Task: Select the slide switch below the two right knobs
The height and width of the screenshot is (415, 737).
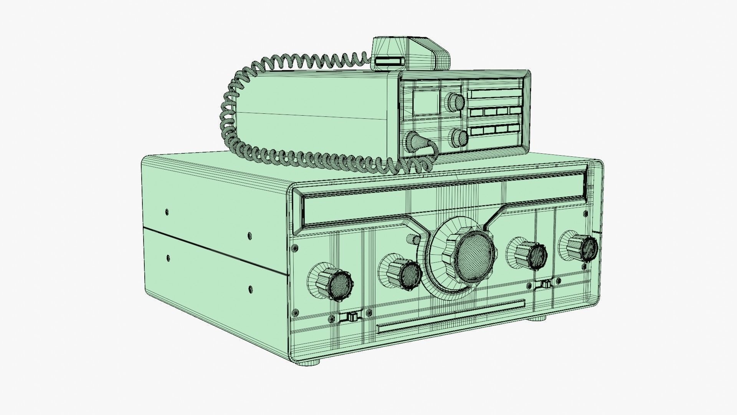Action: [544, 284]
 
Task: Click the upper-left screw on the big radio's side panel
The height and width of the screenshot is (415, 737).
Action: [167, 211]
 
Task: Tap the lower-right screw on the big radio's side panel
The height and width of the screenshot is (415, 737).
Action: [250, 288]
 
